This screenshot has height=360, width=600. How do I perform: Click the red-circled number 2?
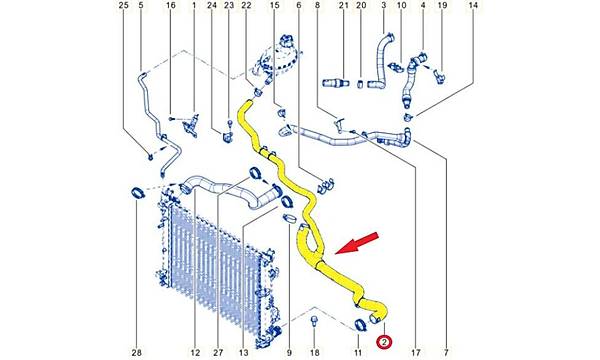[x=384, y=342]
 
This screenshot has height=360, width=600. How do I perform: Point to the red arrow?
[x=357, y=243]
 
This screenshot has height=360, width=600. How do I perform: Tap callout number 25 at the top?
[x=123, y=5]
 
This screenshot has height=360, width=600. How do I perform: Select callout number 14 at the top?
[x=473, y=5]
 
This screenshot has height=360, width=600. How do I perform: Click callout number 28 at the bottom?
[x=137, y=352]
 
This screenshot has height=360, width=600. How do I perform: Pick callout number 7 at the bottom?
[x=446, y=352]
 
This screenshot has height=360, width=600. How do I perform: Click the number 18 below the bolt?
[x=314, y=352]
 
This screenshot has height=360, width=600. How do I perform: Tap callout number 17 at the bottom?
[x=416, y=352]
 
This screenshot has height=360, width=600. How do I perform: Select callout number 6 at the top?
[x=298, y=5]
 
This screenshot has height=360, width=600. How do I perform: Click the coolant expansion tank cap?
[x=286, y=39]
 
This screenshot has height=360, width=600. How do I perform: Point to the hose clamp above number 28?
[x=137, y=192]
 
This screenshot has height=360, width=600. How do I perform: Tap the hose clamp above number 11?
[x=359, y=325]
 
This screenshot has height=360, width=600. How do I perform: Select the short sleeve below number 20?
[x=360, y=83]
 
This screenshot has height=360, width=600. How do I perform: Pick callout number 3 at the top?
[x=383, y=5]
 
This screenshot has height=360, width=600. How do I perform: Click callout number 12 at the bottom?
[x=195, y=352]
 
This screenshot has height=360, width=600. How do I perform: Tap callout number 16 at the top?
[x=171, y=5]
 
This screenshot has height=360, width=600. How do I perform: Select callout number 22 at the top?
[x=246, y=5]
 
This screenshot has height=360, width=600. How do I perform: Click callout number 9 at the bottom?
[x=289, y=352]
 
